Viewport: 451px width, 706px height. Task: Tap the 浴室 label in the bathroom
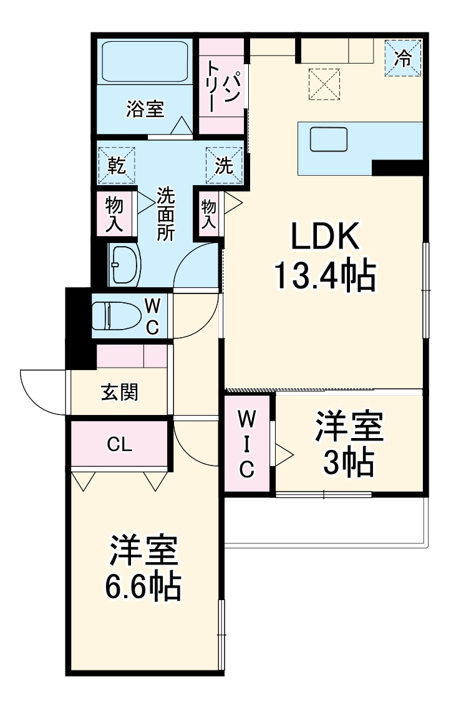[x=145, y=110]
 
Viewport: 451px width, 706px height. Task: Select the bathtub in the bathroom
[x=145, y=63]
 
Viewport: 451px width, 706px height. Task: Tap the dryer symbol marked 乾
[x=117, y=165]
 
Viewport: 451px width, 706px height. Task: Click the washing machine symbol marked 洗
[x=224, y=165]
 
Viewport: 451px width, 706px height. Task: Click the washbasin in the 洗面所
[x=124, y=264]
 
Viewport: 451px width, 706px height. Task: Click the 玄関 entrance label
[x=119, y=393]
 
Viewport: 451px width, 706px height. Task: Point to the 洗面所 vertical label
[x=165, y=214]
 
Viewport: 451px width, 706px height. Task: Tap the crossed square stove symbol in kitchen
[x=325, y=84]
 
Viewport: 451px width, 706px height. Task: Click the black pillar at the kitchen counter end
[x=397, y=167]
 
